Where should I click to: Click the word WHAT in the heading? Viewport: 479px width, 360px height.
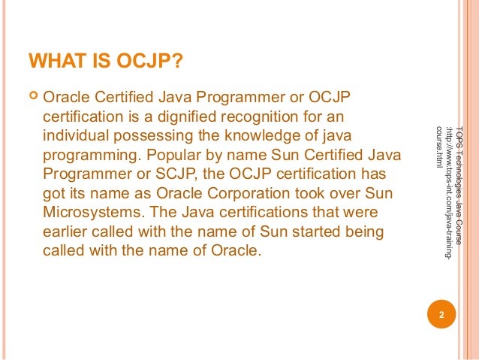52,60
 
